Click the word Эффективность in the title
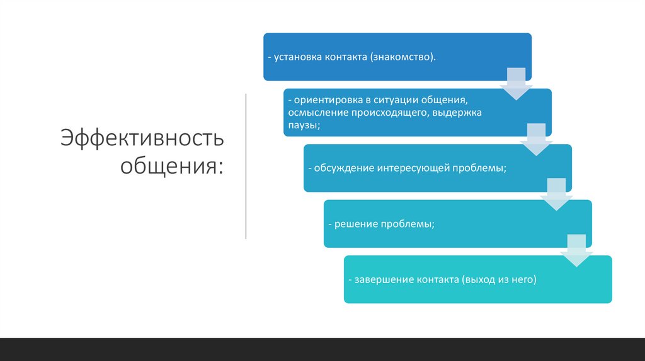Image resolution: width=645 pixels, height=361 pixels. tap(142, 138)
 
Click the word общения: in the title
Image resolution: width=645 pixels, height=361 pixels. tap(172, 166)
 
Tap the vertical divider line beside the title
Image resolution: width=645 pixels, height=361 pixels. tap(246, 166)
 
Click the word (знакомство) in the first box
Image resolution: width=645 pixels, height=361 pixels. tap(402, 57)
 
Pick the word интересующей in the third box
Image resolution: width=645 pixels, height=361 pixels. tap(414, 169)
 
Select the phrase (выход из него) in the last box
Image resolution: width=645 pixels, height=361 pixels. tap(498, 279)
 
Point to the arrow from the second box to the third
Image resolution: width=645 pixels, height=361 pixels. tap(537, 139)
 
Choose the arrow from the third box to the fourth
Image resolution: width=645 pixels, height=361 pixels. tap(557, 194)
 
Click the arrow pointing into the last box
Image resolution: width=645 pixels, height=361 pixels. tap(577, 250)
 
